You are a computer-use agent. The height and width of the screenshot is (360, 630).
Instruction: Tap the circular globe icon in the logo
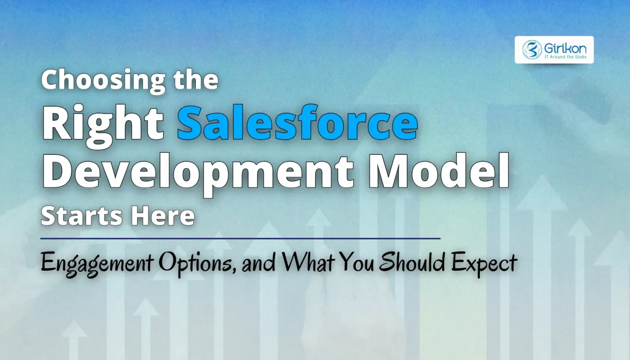531,50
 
